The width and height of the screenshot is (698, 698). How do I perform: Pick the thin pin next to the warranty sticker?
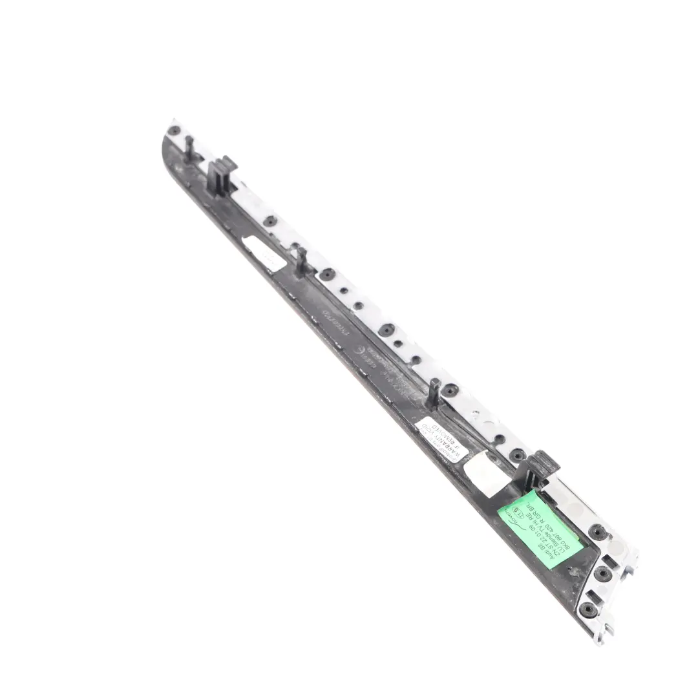tap(434, 392)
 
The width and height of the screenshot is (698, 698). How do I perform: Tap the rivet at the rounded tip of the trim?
tap(173, 131)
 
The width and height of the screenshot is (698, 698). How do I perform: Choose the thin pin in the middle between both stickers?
tap(301, 262)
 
